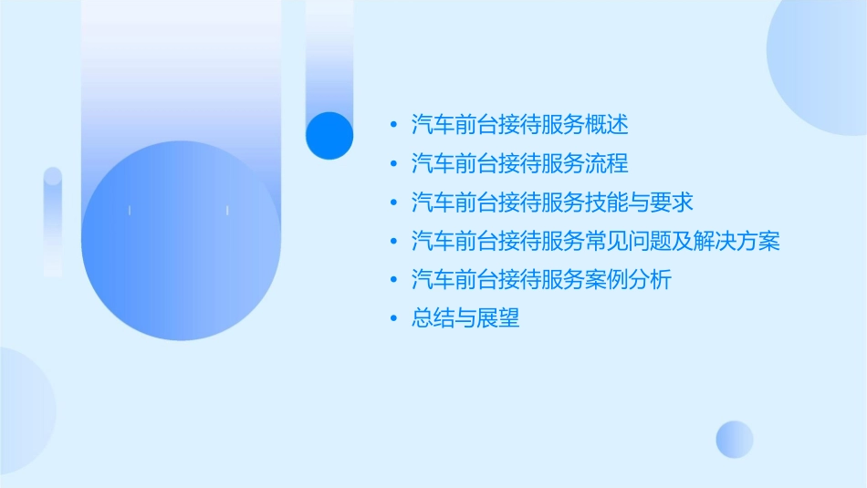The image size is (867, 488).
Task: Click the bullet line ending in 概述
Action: pyautogui.click(x=520, y=124)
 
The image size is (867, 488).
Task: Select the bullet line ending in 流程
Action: pyautogui.click(x=520, y=163)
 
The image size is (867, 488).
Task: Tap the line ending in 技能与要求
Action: pyautogui.click(x=552, y=202)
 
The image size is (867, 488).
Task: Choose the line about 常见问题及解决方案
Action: pyautogui.click(x=595, y=241)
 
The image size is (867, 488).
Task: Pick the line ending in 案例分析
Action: pyautogui.click(x=541, y=279)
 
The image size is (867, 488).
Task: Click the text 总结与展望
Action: pyautogui.click(x=465, y=318)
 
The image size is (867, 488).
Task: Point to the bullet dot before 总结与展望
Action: pyautogui.click(x=393, y=318)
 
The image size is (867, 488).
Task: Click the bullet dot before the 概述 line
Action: pyautogui.click(x=393, y=125)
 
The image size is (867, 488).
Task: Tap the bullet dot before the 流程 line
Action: pyautogui.click(x=393, y=164)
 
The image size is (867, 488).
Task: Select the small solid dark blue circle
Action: pyautogui.click(x=329, y=135)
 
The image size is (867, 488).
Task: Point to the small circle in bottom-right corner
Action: pyautogui.click(x=735, y=439)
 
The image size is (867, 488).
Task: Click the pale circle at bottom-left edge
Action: pyautogui.click(x=23, y=410)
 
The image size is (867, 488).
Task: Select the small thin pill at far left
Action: pyautogui.click(x=53, y=222)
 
